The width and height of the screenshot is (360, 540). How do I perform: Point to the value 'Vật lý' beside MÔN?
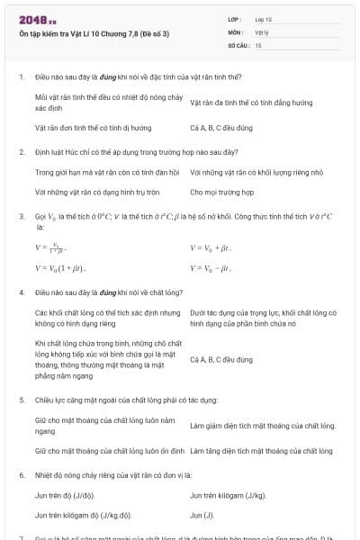[x=262, y=31]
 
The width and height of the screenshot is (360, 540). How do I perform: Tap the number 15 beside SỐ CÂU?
[x=258, y=43]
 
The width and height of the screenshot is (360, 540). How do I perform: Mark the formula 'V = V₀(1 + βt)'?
[x=59, y=267]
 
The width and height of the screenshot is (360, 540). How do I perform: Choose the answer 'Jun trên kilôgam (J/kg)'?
[x=228, y=495]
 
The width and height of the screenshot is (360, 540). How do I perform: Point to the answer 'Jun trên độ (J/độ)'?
[x=65, y=495]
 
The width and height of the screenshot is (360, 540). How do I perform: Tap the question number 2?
[x=21, y=152]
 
